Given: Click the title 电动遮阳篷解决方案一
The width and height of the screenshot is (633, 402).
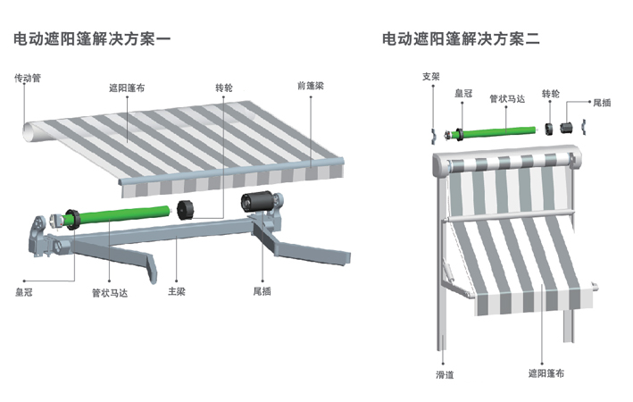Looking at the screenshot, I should point(92,39).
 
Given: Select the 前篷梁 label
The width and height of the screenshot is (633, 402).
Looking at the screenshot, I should point(310,86).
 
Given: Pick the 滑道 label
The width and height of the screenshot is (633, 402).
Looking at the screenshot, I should point(445,374).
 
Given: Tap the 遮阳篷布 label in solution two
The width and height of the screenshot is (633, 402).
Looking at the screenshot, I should point(546,374).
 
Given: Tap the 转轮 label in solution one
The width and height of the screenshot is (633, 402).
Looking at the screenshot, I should point(224,88).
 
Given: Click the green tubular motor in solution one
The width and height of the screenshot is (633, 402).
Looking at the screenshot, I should point(125,214).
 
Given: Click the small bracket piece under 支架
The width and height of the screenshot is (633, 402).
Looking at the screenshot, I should point(432,135).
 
